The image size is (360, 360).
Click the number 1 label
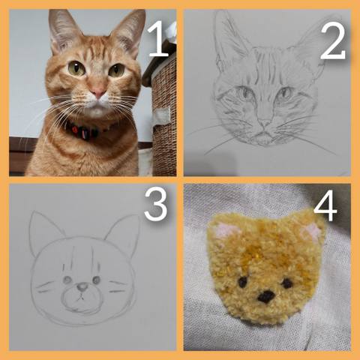click(x=158, y=39)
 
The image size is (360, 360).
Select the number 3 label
click(x=156, y=204)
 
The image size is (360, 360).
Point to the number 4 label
click(x=325, y=205)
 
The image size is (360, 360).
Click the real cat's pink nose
click(x=97, y=92)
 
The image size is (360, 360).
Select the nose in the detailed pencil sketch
click(x=265, y=123)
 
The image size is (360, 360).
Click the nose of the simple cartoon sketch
click(x=82, y=287)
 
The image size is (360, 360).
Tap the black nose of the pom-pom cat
click(x=266, y=297)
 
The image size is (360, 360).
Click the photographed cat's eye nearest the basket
click(x=116, y=70)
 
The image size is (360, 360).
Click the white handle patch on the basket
click(x=161, y=115)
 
